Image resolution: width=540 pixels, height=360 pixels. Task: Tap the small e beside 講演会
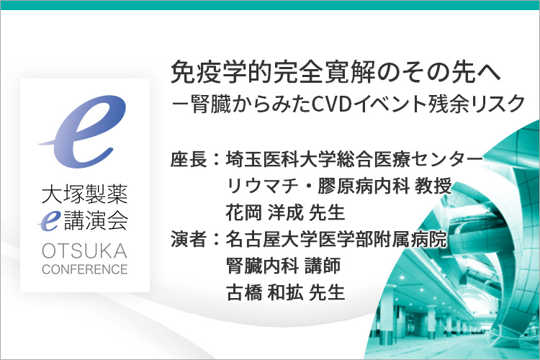49,221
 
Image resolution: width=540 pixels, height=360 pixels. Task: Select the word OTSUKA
85,251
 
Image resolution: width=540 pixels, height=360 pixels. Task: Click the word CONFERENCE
85,269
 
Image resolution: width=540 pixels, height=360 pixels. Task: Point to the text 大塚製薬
85,194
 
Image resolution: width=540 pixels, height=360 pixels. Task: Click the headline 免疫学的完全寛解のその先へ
336,72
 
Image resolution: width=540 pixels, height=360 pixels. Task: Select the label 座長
189,160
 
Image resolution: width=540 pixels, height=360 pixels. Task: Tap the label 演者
189,239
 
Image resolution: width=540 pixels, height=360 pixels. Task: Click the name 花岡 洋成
264,212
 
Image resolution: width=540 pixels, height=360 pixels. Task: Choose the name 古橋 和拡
264,292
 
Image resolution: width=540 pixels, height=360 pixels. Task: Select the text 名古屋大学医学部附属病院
336,239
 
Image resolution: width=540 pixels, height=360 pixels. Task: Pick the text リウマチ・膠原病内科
318,186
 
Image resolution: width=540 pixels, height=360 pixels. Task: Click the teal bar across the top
270,5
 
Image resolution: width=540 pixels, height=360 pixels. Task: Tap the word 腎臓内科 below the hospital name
262,266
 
